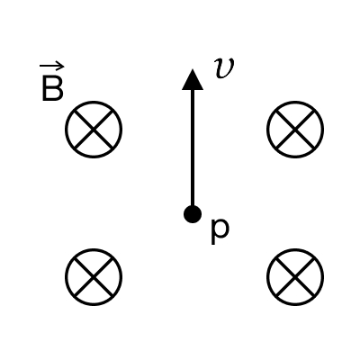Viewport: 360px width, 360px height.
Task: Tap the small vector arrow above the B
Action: click(x=51, y=67)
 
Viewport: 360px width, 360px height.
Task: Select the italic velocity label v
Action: click(x=224, y=68)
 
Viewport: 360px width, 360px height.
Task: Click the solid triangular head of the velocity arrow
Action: click(x=193, y=80)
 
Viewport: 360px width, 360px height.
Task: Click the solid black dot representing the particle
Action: click(x=193, y=214)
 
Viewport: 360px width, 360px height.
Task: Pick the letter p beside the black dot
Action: click(x=220, y=231)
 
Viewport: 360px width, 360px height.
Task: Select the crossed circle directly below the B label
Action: click(x=94, y=130)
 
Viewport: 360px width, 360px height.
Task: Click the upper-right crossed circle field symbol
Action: click(x=295, y=130)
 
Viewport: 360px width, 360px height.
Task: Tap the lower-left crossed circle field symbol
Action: click(x=94, y=277)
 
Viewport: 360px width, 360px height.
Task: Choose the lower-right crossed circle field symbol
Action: click(x=295, y=277)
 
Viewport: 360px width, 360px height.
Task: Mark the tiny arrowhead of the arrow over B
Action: click(x=61, y=67)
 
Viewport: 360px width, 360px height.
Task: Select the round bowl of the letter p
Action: click(x=222, y=229)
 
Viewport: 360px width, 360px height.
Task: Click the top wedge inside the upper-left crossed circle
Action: click(x=94, y=115)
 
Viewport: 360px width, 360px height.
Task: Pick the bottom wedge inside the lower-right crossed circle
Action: click(x=295, y=291)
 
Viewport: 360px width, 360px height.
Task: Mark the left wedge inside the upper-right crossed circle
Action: click(x=282, y=130)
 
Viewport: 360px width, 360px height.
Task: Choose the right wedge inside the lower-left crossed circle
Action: click(x=108, y=277)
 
